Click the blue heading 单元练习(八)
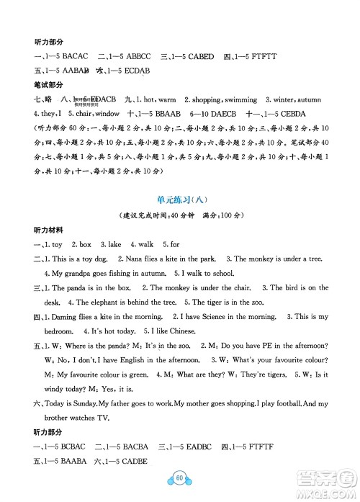coord(180,200)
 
